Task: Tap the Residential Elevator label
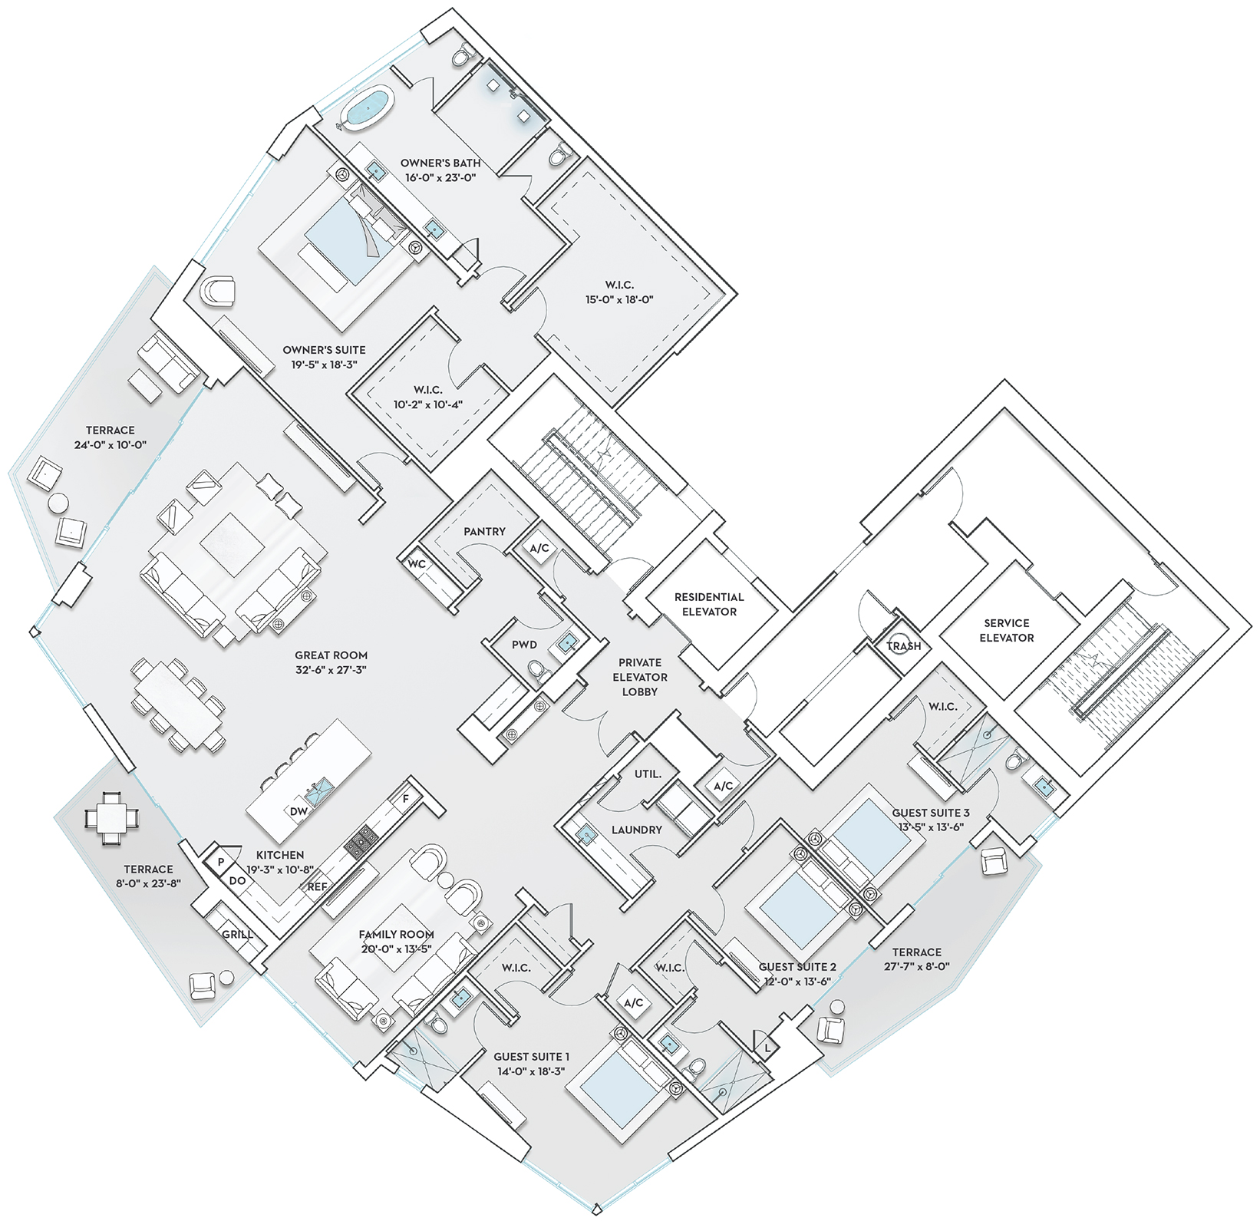[709, 604]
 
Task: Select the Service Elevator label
[1007, 630]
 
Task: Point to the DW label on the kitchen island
[299, 811]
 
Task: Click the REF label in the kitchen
[318, 886]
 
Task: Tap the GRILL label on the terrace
[238, 935]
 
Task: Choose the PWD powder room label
[525, 645]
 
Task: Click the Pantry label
[485, 531]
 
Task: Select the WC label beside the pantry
[417, 564]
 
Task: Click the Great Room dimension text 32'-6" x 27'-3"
[331, 670]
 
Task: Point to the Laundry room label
[637, 830]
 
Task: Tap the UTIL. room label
[648, 774]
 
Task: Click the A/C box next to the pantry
[539, 549]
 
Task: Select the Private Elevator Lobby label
[640, 677]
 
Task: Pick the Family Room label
[397, 934]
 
